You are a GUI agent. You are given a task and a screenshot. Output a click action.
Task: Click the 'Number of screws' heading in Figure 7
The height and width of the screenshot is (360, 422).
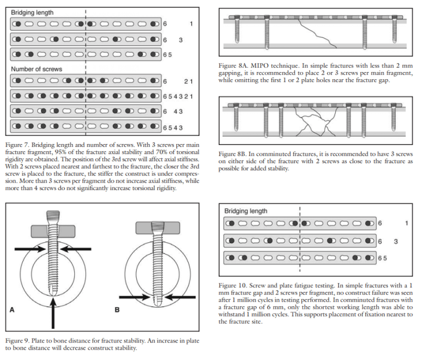tap(36, 69)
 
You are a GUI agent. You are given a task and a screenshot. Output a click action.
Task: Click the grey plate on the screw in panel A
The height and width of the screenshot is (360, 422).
tap(53, 230)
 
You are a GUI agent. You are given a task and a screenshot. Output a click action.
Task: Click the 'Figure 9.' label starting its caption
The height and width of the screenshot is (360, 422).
tap(19, 341)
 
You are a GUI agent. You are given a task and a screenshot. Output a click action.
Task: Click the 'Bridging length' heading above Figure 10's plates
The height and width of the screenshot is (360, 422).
tap(246, 211)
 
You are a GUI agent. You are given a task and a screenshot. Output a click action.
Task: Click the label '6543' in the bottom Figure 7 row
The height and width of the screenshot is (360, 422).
tap(172, 128)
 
